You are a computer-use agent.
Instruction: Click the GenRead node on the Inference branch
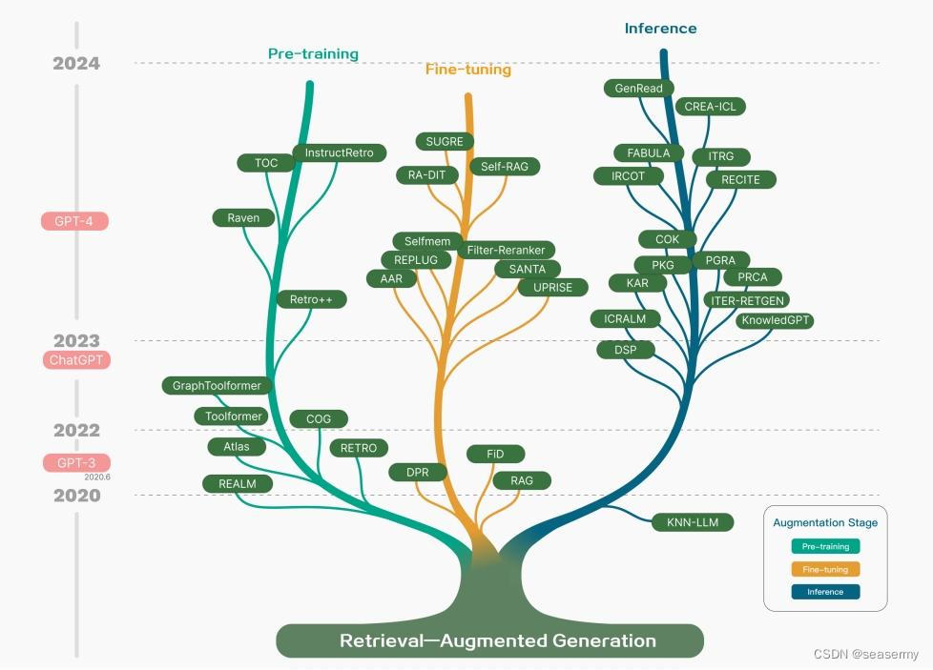639,88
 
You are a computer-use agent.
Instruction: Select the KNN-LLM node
693,522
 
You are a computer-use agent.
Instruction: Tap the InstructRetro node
339,152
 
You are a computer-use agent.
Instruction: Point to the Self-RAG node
505,167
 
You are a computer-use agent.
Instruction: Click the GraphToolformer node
217,386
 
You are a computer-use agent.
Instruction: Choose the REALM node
238,484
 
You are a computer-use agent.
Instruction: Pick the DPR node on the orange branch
417,473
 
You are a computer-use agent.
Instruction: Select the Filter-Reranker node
506,251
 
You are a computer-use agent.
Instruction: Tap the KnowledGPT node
775,320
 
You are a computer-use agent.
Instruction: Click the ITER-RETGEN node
747,300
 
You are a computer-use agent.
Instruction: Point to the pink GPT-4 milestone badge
74,221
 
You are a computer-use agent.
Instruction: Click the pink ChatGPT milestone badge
76,360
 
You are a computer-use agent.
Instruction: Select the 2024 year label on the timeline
76,64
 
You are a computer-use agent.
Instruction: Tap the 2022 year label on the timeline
76,431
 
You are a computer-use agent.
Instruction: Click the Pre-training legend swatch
825,547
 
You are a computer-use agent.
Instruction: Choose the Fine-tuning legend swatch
825,569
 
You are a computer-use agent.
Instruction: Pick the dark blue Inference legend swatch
825,592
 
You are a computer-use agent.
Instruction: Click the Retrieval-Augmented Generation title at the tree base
497,640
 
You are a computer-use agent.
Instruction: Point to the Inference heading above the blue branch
660,29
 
